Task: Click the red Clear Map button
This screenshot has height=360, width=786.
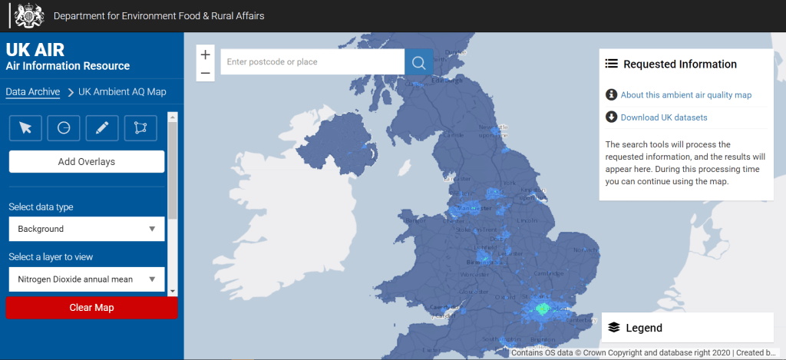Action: click(x=91, y=308)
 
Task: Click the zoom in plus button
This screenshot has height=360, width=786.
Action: click(x=205, y=55)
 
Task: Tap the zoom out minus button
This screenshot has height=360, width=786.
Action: click(x=205, y=74)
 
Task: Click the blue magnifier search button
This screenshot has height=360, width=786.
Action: click(x=418, y=62)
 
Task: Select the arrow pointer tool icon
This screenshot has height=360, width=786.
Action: click(x=26, y=128)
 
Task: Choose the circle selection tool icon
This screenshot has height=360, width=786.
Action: click(x=64, y=128)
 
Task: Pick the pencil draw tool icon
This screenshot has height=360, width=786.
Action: click(x=102, y=128)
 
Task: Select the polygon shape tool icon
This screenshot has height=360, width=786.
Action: click(x=140, y=128)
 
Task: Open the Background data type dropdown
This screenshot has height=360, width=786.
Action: click(x=87, y=229)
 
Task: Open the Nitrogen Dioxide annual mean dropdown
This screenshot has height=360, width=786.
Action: click(x=87, y=279)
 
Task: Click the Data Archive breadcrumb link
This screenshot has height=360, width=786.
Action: click(x=33, y=92)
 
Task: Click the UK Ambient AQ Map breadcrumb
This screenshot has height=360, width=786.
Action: click(x=122, y=92)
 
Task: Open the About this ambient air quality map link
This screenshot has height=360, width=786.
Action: click(x=685, y=95)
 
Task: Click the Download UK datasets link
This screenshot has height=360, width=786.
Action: click(x=663, y=117)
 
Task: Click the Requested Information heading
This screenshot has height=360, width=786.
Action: click(x=679, y=64)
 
